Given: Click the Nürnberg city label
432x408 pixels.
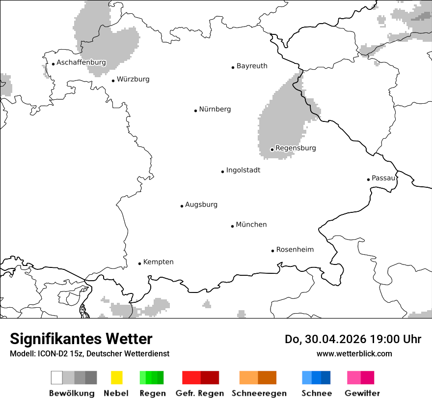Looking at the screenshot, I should click(x=215, y=110).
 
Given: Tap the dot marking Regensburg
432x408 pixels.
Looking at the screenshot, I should click(x=272, y=149).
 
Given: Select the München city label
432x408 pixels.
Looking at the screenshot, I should click(x=251, y=225).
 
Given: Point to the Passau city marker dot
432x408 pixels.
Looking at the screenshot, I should click(x=368, y=179).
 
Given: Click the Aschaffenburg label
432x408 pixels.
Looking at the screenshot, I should click(x=81, y=63).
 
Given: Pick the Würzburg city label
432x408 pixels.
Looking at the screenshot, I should click(x=133, y=79).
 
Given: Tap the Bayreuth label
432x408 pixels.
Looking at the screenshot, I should click(x=252, y=66).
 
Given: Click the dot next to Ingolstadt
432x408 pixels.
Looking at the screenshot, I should click(x=222, y=172).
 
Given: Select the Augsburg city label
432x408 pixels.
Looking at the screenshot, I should click(x=201, y=205).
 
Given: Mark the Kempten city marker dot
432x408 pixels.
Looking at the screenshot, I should click(x=139, y=263).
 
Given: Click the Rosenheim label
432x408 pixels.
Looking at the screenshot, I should click(x=295, y=250).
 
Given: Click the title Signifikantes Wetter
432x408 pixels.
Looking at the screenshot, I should click(x=81, y=339).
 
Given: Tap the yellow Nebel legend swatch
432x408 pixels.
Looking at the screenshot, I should click(x=116, y=378).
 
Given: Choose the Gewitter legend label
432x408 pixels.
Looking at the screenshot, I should click(x=362, y=393).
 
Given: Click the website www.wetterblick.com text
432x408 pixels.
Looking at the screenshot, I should click(x=354, y=353).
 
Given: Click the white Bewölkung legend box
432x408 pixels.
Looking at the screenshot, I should click(x=56, y=378).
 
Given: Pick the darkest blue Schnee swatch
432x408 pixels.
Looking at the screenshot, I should click(x=326, y=378).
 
